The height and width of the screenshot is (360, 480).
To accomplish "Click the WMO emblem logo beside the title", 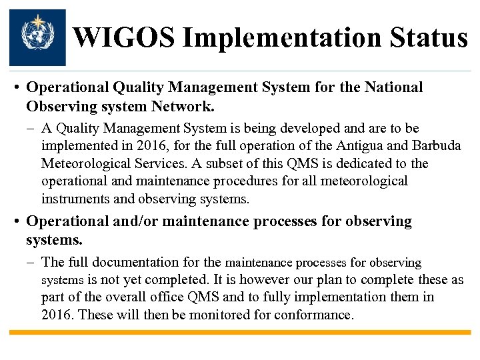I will click(37, 37).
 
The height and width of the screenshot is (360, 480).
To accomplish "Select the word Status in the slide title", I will click(430, 38).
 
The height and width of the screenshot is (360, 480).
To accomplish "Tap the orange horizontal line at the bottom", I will click(240, 332).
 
